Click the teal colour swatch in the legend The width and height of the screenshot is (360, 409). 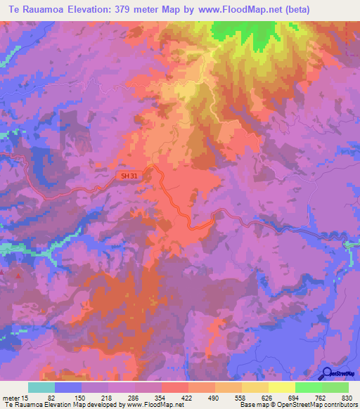pyautogui.click(x=41, y=387)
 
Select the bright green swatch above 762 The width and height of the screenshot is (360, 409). pyautogui.click(x=309, y=387)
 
